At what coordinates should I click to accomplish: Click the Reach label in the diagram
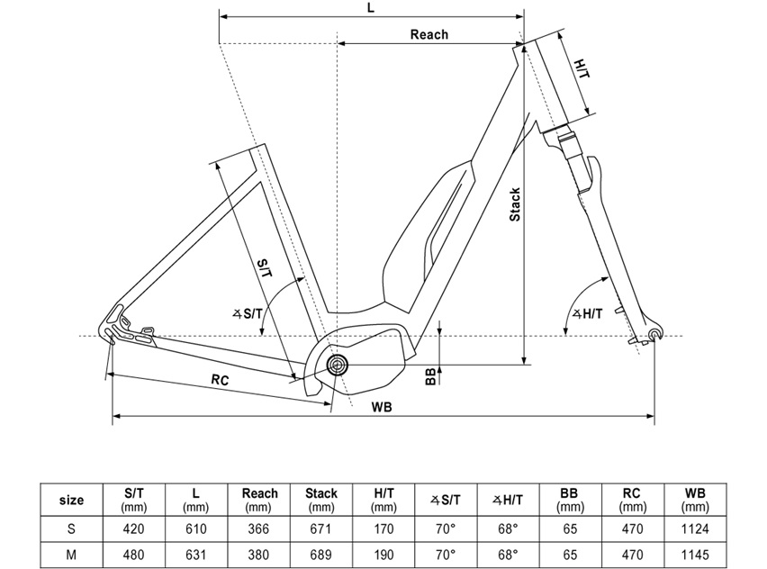pos(429,34)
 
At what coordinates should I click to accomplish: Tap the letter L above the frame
pos(371,8)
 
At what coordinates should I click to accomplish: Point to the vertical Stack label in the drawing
pos(515,205)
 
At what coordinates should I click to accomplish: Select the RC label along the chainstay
pos(220,380)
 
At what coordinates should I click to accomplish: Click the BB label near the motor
pos(430,375)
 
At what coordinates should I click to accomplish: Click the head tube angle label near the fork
pos(586,314)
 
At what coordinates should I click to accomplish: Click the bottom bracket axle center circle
pos(338,365)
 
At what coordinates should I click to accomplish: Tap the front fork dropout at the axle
pos(654,337)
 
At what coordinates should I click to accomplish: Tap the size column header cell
pos(71,500)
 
